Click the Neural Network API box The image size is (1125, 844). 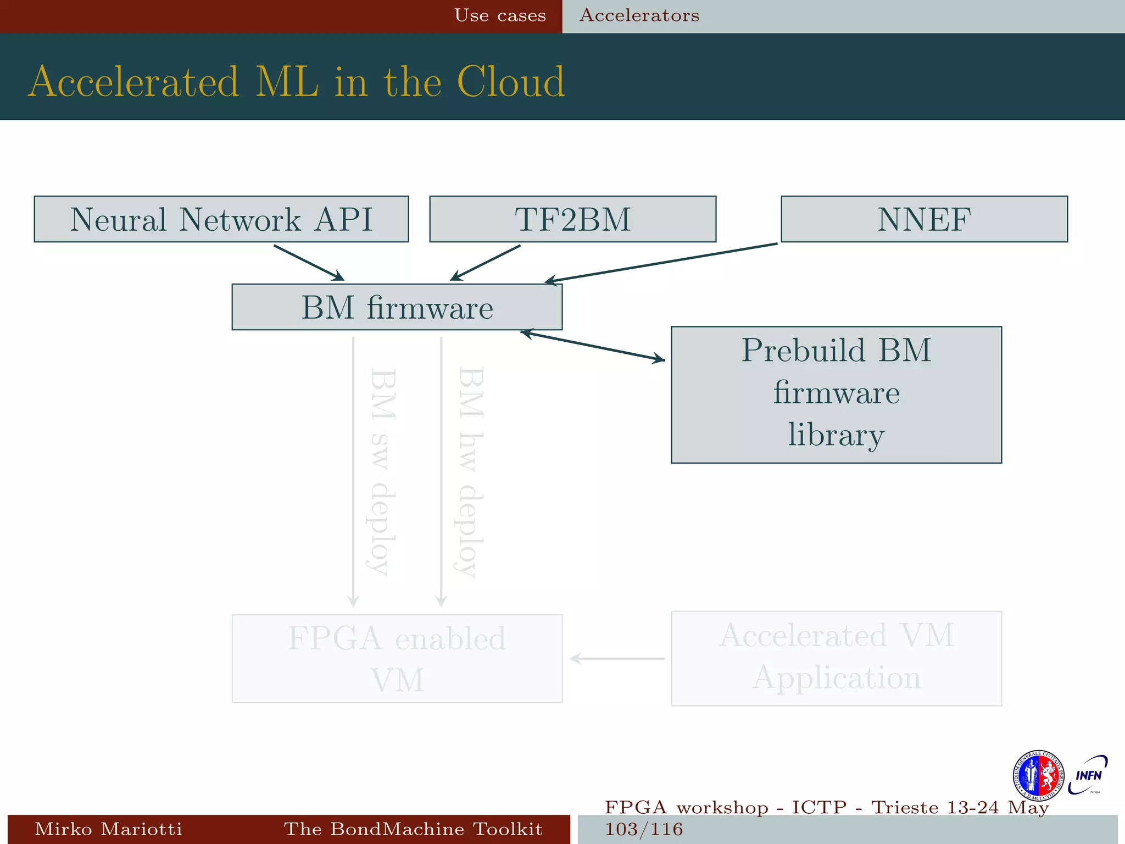(221, 219)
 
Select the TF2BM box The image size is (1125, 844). (572, 219)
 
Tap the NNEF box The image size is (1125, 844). (924, 219)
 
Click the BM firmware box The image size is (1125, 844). (397, 307)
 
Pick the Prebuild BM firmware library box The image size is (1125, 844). (836, 395)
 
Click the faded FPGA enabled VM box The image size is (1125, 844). (397, 658)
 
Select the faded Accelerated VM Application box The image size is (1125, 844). (836, 658)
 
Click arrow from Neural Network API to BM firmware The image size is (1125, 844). (309, 263)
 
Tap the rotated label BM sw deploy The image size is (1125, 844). (383, 471)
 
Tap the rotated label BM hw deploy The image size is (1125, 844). (471, 471)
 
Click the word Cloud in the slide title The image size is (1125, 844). (510, 82)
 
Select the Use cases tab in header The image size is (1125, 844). (500, 15)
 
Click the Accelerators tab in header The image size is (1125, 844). (639, 15)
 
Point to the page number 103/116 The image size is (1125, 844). (644, 829)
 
